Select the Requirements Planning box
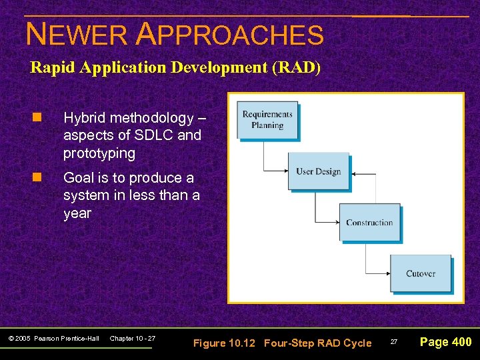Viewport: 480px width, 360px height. coord(267,120)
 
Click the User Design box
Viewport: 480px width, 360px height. coord(318,171)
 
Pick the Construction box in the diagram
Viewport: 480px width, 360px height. coord(369,223)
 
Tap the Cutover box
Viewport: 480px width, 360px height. coord(420,273)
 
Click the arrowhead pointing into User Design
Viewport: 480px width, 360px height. coord(285,171)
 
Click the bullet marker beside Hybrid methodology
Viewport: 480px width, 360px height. coord(37,118)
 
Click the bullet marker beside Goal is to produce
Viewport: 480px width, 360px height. coord(37,178)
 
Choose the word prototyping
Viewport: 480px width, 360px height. coord(99,153)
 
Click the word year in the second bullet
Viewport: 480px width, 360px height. coord(77,213)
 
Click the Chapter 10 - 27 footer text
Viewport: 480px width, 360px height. coord(132,339)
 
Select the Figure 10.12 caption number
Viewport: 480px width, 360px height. coord(225,343)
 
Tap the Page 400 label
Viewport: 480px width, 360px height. coord(445,342)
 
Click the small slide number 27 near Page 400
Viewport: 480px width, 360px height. coord(393,342)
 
